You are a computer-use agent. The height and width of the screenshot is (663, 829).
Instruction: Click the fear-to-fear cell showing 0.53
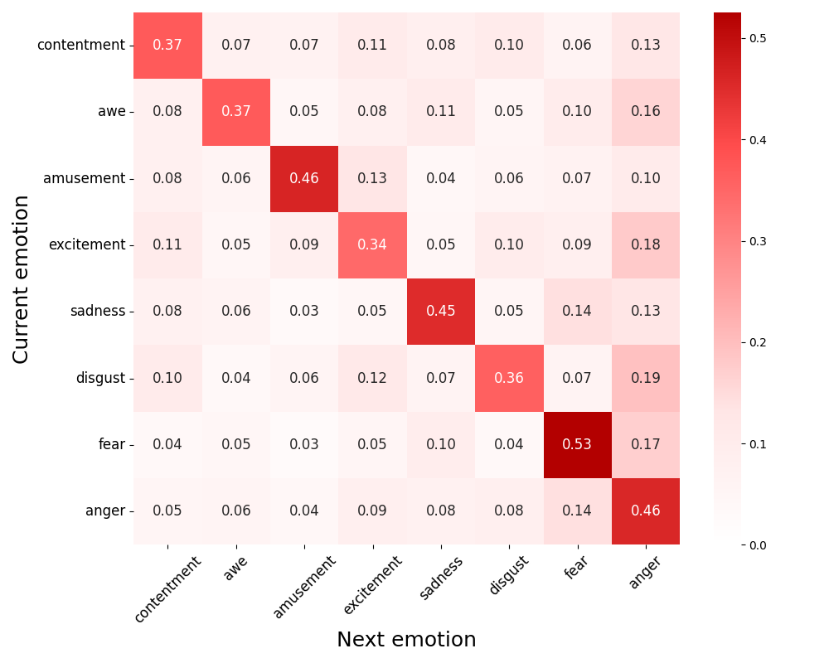pyautogui.click(x=577, y=445)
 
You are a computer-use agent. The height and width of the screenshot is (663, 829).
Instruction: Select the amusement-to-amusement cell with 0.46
pyautogui.click(x=304, y=179)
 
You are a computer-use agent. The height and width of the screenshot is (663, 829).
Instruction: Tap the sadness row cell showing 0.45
pyautogui.click(x=441, y=312)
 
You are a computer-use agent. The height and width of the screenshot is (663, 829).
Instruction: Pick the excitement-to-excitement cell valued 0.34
pyautogui.click(x=372, y=245)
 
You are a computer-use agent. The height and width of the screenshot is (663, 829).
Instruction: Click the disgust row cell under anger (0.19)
pyautogui.click(x=645, y=378)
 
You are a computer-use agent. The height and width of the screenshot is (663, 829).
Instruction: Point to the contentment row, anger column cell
pyautogui.click(x=645, y=46)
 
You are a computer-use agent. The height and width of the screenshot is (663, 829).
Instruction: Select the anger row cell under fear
pyautogui.click(x=577, y=511)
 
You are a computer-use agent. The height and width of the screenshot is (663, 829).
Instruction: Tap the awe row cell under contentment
pyautogui.click(x=167, y=112)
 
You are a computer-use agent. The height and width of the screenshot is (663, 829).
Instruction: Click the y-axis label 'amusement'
pyautogui.click(x=86, y=179)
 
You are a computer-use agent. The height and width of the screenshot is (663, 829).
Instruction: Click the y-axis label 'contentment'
pyautogui.click(x=80, y=46)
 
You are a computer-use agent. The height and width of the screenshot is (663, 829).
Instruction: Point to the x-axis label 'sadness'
pyautogui.click(x=441, y=577)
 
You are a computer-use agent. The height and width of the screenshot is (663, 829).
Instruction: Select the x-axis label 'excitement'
pyautogui.click(x=372, y=585)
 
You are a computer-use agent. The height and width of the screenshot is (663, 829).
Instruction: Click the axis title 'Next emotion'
pyautogui.click(x=406, y=640)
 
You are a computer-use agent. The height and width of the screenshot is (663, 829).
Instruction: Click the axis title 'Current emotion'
pyautogui.click(x=22, y=278)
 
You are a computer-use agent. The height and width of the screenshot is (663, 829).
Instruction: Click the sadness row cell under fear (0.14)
pyautogui.click(x=577, y=312)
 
